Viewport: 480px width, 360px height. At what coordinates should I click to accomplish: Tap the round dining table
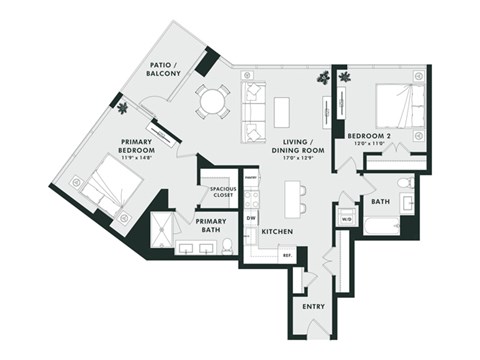pyautogui.click(x=212, y=100)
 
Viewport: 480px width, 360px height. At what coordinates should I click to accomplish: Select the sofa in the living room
pyautogui.click(x=251, y=111)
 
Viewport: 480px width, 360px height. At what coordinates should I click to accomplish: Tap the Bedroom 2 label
pyautogui.click(x=368, y=138)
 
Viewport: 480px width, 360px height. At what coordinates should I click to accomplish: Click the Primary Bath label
pyautogui.click(x=212, y=225)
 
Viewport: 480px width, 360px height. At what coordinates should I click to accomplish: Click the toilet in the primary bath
pyautogui.click(x=228, y=245)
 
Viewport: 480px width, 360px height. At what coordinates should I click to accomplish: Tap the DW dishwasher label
pyautogui.click(x=251, y=218)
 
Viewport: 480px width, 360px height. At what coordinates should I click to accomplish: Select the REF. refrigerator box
pyautogui.click(x=286, y=256)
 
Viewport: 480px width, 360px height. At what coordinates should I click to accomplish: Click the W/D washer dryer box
pyautogui.click(x=347, y=218)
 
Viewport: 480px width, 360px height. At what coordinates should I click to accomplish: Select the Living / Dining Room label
pyautogui.click(x=292, y=149)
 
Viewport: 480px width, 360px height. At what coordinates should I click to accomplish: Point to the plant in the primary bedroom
pyautogui.click(x=122, y=107)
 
